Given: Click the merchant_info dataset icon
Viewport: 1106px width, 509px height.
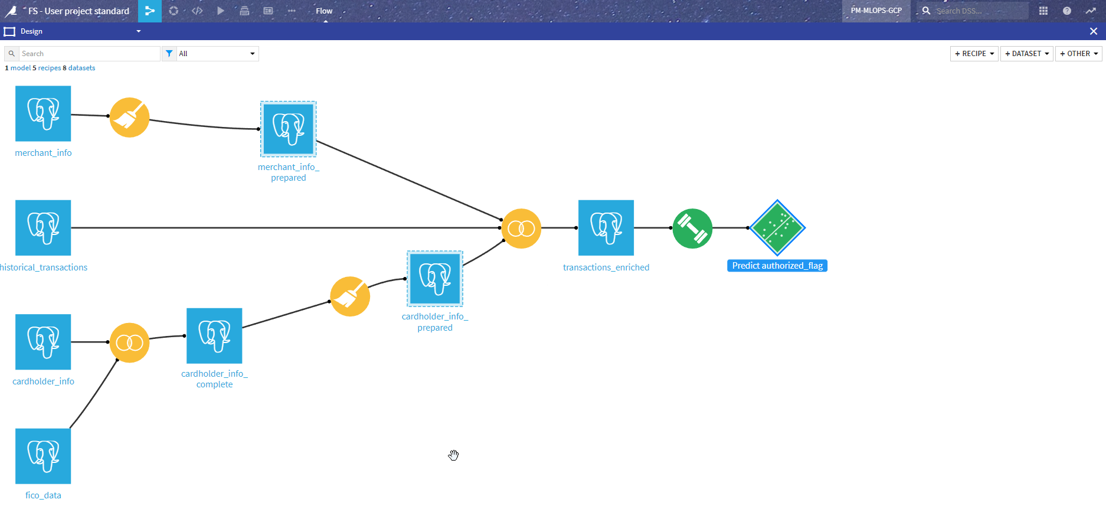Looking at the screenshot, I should pos(43,113).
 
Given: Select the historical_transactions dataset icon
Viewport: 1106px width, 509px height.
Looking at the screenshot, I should pos(43,227).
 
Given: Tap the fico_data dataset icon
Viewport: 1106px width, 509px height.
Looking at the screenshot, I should pos(43,456).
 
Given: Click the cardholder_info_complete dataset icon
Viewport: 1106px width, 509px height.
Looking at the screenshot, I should pos(214,335).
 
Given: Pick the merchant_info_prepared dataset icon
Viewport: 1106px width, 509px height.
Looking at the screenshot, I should pos(288,129).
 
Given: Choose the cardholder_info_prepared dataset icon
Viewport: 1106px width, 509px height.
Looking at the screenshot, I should pos(435,279).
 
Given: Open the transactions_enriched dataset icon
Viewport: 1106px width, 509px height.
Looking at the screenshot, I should pos(606,227).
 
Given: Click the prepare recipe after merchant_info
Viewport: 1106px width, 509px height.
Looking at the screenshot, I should pos(129,118).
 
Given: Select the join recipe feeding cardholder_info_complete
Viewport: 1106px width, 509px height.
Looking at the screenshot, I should pos(129,342).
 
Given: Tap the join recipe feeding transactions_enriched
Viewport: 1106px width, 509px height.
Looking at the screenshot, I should pos(521,229).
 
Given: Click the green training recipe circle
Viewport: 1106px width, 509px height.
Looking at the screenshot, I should pos(692,229).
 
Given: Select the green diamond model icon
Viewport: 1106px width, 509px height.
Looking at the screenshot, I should pos(777,227).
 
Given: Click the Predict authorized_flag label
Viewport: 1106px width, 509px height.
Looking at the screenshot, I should pos(777,266).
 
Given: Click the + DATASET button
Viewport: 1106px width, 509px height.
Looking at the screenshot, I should pos(1026,54).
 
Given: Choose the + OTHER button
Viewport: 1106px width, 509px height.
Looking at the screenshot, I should pos(1078,54).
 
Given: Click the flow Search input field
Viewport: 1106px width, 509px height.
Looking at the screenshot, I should pos(89,54).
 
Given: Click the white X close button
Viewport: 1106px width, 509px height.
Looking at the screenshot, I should pos(1094,31).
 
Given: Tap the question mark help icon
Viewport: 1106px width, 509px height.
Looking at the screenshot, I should pos(1067,11).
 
